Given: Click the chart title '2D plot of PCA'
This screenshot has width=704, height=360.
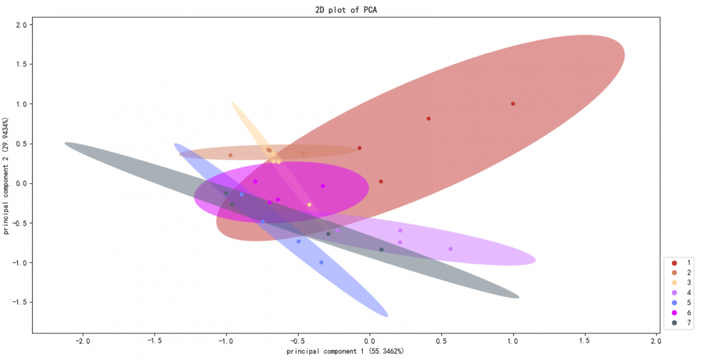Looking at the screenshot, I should coord(351,9).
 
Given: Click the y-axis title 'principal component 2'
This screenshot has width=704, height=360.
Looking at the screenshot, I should coord(6,178).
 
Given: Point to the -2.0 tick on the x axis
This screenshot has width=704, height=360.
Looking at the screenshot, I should coord(82,341).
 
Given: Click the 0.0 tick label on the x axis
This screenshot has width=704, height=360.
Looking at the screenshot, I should coord(369,341).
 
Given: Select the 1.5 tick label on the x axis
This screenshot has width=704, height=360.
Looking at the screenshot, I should coord(585,341).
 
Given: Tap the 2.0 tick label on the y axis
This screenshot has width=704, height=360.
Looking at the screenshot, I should coord(22,25).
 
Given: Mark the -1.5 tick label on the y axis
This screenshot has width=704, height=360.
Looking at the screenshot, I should coord(20,302).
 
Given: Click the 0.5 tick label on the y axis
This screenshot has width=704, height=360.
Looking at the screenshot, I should coord(22,144).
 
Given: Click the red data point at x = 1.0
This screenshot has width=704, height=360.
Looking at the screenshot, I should coord(513,103).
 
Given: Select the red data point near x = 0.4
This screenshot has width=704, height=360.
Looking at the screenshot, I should coord(429,119).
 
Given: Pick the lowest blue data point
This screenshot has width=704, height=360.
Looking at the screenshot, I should coord(321,262).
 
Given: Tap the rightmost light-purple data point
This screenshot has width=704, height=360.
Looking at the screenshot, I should coord(451,249).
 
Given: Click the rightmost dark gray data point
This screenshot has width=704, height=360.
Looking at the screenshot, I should coord(382,250).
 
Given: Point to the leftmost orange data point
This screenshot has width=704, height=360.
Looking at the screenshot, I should coord(230,155).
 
